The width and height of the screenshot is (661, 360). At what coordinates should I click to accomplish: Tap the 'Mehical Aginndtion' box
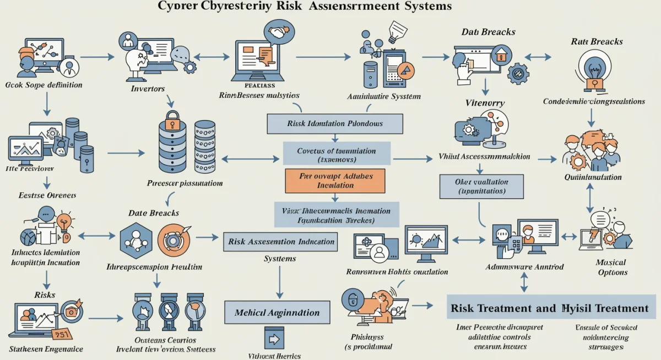pos(277,312)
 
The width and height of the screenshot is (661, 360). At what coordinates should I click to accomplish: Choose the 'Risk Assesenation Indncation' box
pos(281,242)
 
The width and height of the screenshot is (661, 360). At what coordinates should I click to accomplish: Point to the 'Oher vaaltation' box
pos(481,186)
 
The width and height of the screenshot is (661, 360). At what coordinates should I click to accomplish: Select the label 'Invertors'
pos(148,88)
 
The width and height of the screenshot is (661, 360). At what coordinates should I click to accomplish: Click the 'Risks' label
pos(45,294)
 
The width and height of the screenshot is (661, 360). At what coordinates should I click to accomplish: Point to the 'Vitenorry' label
pos(485,102)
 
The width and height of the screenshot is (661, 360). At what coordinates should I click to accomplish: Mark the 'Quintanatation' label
pos(593,177)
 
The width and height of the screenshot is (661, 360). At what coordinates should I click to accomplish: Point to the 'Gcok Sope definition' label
pos(44,85)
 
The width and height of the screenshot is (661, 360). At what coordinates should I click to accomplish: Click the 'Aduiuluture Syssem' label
pos(384,96)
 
